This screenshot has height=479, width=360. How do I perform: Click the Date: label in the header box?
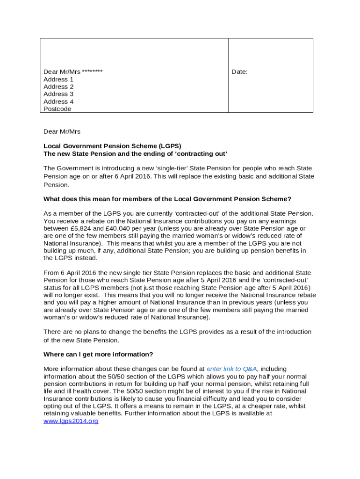(240, 72)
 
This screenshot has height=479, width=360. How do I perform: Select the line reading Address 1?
(58, 80)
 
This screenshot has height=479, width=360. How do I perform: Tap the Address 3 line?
(58, 94)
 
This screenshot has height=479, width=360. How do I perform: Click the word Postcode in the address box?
(58, 109)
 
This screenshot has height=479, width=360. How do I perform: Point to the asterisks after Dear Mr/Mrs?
(92, 72)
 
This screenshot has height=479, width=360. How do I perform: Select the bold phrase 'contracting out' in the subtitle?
(204, 154)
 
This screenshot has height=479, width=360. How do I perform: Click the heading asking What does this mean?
(167, 199)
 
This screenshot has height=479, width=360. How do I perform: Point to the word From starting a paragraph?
(51, 273)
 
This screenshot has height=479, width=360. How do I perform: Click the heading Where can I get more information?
(98, 354)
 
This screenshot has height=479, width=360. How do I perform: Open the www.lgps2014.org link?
(71, 421)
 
